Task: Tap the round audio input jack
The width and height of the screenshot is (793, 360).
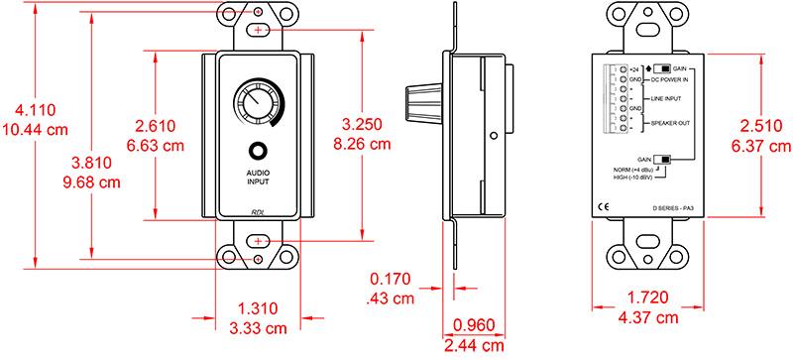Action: click(x=259, y=153)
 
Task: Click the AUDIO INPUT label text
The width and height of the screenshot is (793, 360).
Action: click(x=258, y=177)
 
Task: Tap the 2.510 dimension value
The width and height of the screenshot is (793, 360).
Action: click(x=758, y=128)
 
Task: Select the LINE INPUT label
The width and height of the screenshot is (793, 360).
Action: click(x=667, y=99)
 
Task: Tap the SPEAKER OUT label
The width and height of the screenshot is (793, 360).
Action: click(x=670, y=122)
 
